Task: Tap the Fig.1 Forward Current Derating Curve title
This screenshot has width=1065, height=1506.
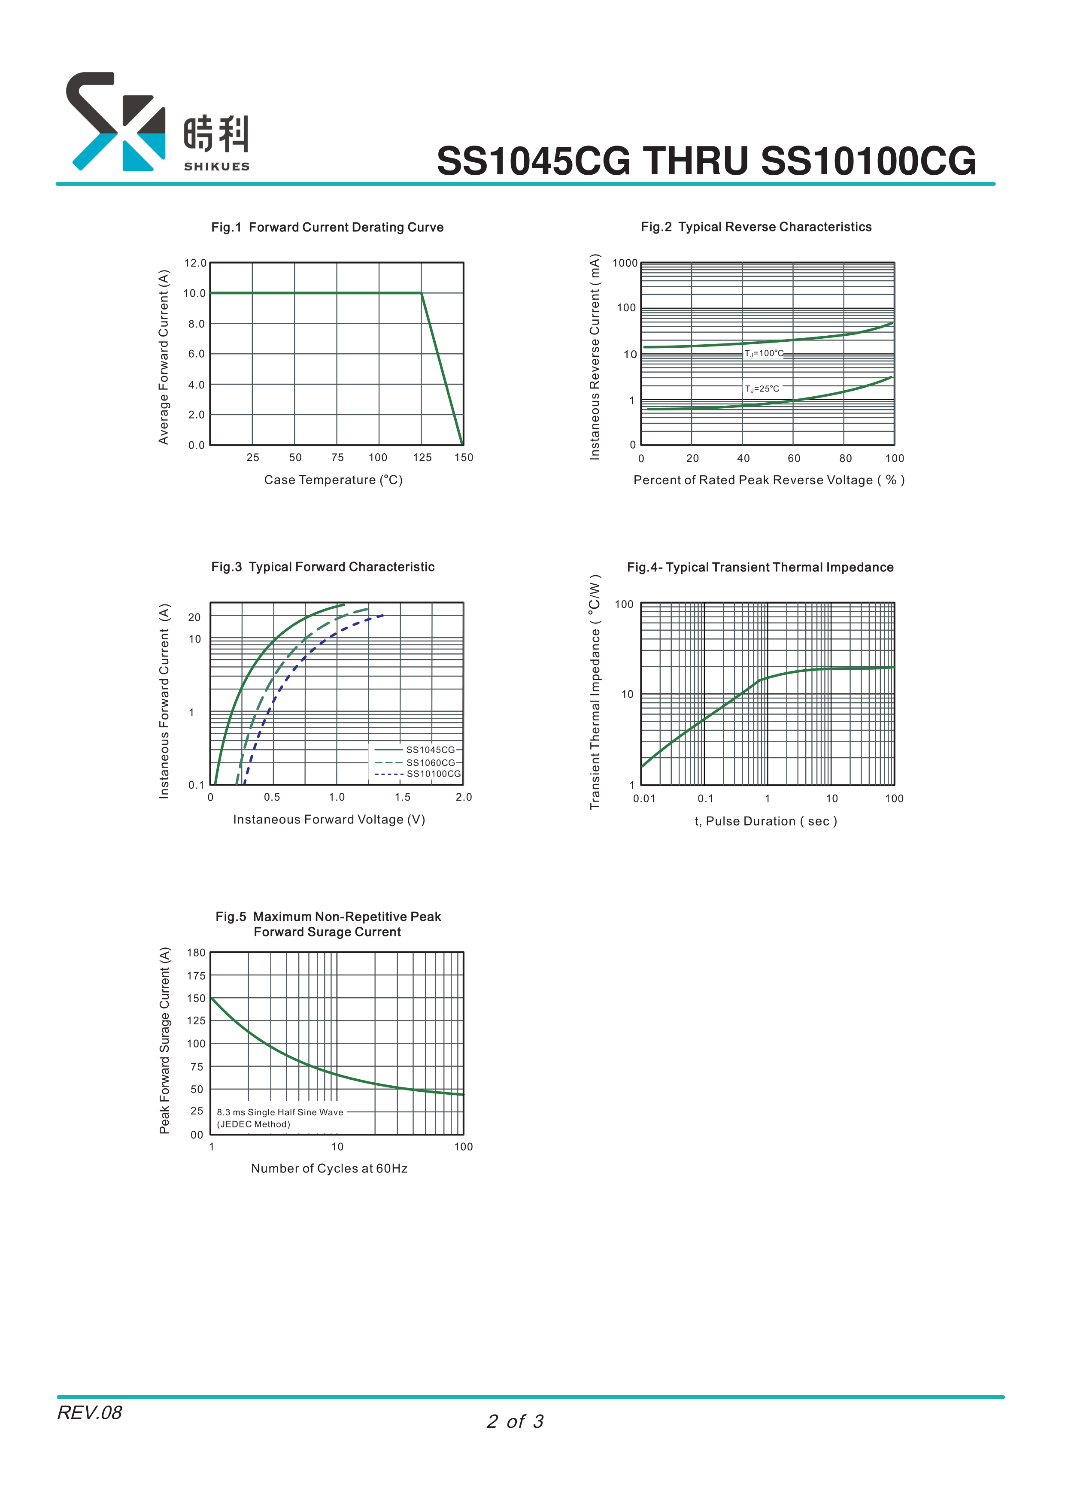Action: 327,227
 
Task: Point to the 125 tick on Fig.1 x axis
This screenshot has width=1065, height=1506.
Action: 422,458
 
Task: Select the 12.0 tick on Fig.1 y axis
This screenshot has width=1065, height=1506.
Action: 195,263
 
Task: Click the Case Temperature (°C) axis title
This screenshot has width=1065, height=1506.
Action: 333,480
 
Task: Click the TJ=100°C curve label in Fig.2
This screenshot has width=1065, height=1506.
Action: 763,354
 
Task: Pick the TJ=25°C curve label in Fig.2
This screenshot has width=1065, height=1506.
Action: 762,389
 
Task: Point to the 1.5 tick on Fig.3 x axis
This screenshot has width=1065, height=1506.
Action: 402,797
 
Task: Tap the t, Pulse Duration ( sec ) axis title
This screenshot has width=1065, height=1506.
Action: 765,821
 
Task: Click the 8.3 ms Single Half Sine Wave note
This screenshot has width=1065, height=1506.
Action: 280,1112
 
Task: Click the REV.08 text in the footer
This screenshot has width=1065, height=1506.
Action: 90,1413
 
